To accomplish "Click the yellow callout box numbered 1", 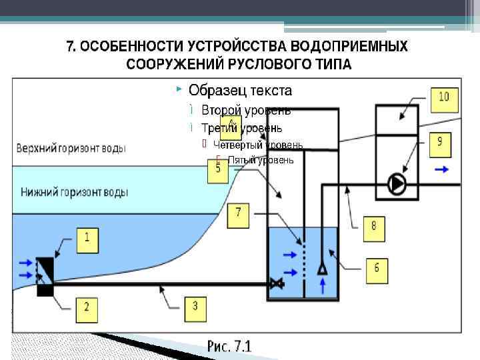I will (x=87, y=239).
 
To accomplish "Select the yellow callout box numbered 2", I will (x=87, y=308).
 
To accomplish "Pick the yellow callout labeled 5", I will (x=218, y=169).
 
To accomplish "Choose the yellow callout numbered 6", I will (x=377, y=268).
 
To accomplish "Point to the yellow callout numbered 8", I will (x=373, y=227).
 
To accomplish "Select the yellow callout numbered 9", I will (x=440, y=141).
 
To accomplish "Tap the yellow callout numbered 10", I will (x=443, y=98).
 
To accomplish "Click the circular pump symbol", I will (x=397, y=183).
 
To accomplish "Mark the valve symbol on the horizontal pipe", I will (x=277, y=285).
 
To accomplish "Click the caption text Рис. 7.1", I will (x=229, y=347).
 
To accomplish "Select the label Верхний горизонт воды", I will (x=71, y=148).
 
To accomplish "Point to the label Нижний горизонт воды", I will (x=74, y=192).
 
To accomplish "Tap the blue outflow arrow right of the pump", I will (x=441, y=170).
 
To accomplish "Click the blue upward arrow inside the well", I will (x=322, y=286).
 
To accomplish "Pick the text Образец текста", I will (x=240, y=89).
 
